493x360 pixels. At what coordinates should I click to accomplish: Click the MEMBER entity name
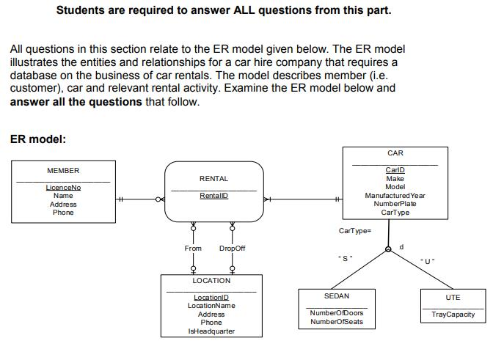click(x=63, y=171)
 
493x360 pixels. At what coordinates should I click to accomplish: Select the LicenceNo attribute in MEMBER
click(x=63, y=188)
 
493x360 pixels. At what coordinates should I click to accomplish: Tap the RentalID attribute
click(x=213, y=196)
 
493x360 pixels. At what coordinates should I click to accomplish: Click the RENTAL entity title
click(x=213, y=179)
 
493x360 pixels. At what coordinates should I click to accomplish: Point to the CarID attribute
click(x=395, y=170)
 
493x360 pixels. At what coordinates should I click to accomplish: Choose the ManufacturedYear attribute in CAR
click(x=395, y=196)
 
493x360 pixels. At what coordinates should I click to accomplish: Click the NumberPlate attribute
click(x=395, y=204)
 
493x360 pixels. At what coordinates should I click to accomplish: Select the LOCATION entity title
click(x=211, y=281)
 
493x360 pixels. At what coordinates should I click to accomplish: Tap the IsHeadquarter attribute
click(x=211, y=331)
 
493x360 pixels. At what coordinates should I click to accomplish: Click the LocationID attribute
click(x=211, y=298)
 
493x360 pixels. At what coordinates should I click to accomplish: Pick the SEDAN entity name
click(x=337, y=296)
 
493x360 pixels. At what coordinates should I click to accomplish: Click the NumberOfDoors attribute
click(x=337, y=313)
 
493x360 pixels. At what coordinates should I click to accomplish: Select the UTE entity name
click(x=453, y=297)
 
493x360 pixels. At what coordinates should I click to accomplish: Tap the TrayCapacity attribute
click(x=453, y=315)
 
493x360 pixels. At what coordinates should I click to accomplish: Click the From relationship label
click(x=193, y=249)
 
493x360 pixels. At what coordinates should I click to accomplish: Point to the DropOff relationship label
click(x=233, y=249)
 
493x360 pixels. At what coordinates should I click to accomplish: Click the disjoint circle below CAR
click(x=389, y=251)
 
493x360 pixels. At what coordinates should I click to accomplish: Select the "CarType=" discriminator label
click(x=355, y=231)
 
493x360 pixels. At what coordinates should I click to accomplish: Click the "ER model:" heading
click(x=38, y=139)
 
